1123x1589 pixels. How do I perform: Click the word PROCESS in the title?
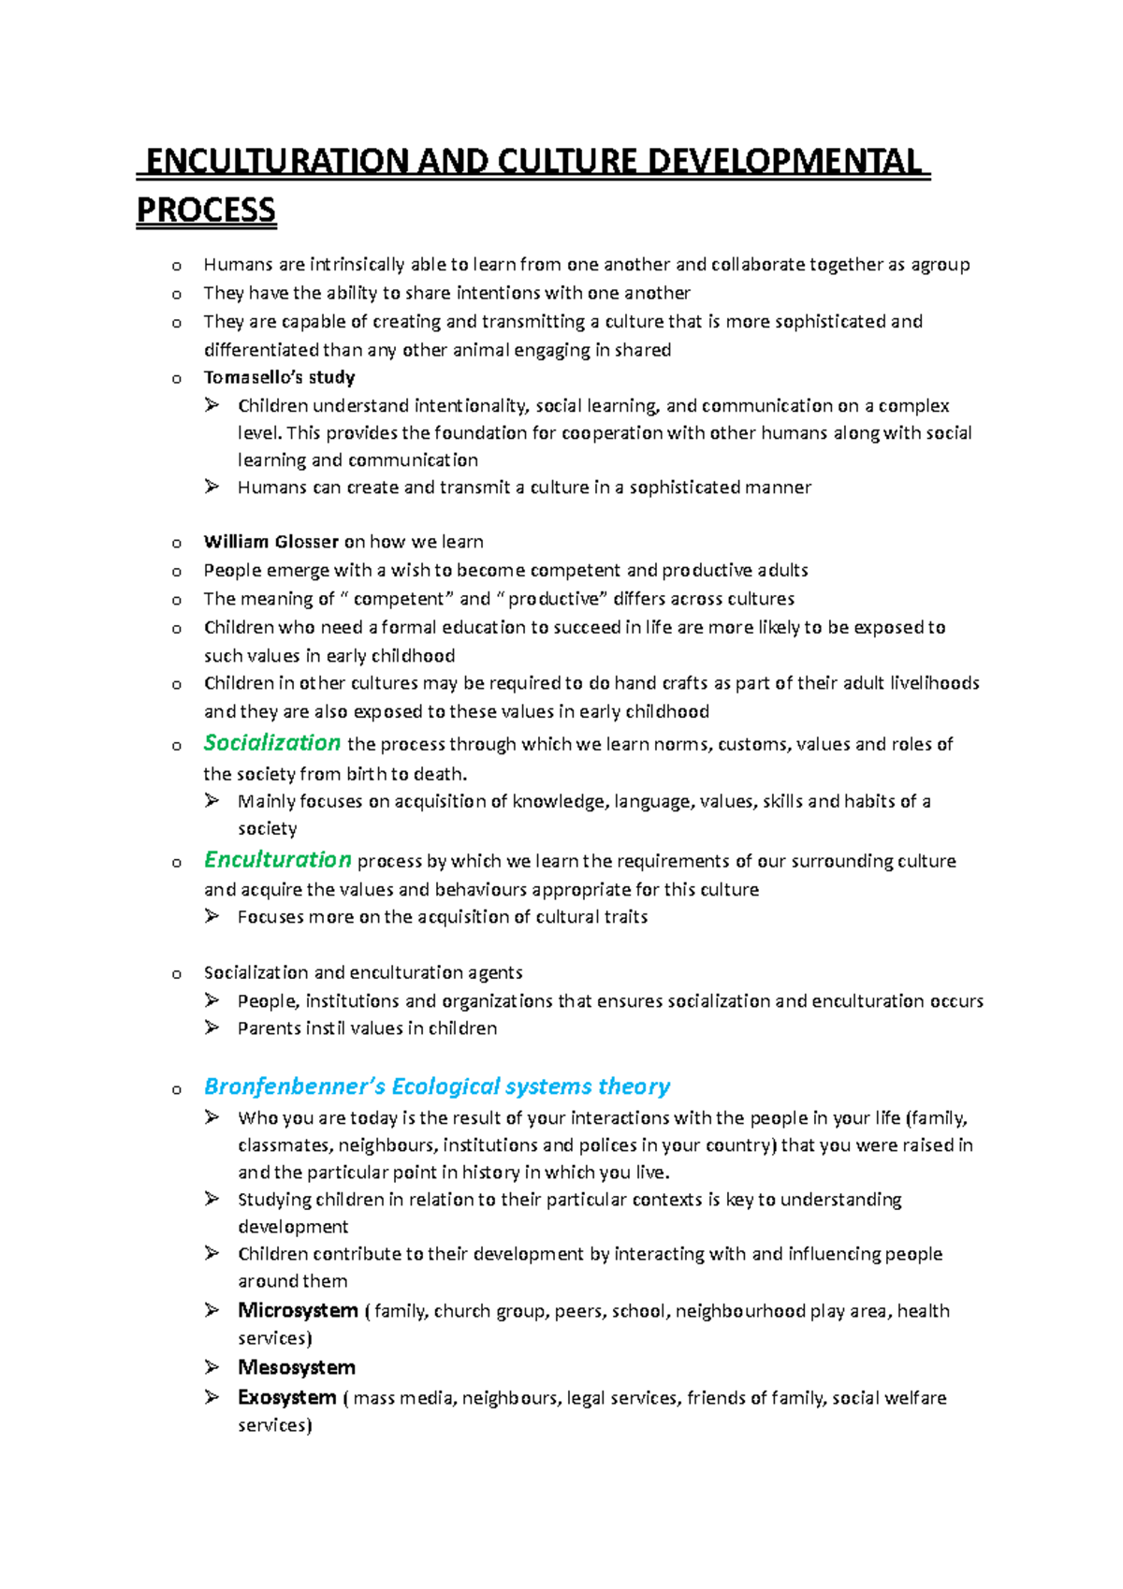click(x=206, y=210)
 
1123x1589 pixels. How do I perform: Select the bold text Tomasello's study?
click(x=279, y=377)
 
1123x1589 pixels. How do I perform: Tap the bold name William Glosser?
click(x=270, y=541)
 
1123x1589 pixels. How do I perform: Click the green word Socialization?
click(x=271, y=743)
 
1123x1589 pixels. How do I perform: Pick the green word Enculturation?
click(x=277, y=859)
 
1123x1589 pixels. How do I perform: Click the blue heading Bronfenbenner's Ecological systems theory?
click(x=436, y=1086)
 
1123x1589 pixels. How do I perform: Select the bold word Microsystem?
click(x=298, y=1310)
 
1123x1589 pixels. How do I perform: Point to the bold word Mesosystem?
click(x=296, y=1367)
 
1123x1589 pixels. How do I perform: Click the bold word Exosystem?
click(x=286, y=1397)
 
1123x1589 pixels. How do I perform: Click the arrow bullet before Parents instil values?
click(x=211, y=1028)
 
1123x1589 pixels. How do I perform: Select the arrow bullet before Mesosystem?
click(x=211, y=1367)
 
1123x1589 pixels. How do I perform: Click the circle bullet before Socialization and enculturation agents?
click(x=176, y=974)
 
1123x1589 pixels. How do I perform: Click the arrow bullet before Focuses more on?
click(x=211, y=916)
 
